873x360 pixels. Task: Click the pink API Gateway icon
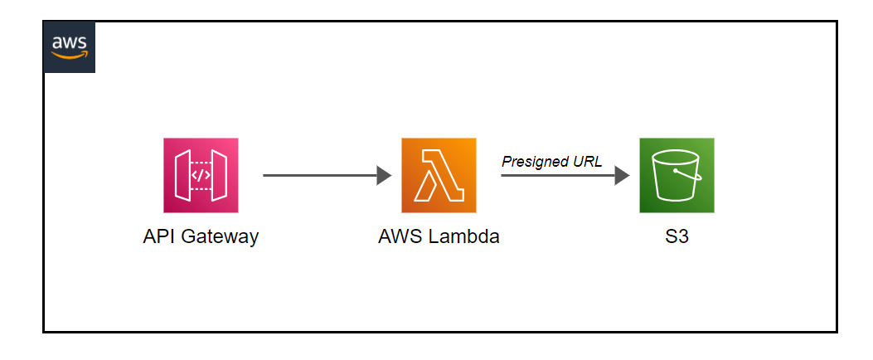pos(201,175)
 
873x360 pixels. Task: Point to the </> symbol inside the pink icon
pos(201,176)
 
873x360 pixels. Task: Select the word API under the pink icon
pos(159,236)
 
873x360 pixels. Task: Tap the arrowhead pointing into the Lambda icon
pos(384,175)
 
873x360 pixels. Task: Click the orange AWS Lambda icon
pos(439,175)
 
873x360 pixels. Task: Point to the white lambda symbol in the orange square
pos(439,176)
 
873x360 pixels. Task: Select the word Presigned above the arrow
pos(536,161)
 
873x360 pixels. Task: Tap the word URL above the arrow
pos(588,161)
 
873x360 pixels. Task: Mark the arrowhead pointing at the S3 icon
pos(622,175)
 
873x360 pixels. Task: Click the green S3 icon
pos(677,175)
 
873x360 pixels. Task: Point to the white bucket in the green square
pos(677,176)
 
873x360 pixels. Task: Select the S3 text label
pos(677,236)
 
